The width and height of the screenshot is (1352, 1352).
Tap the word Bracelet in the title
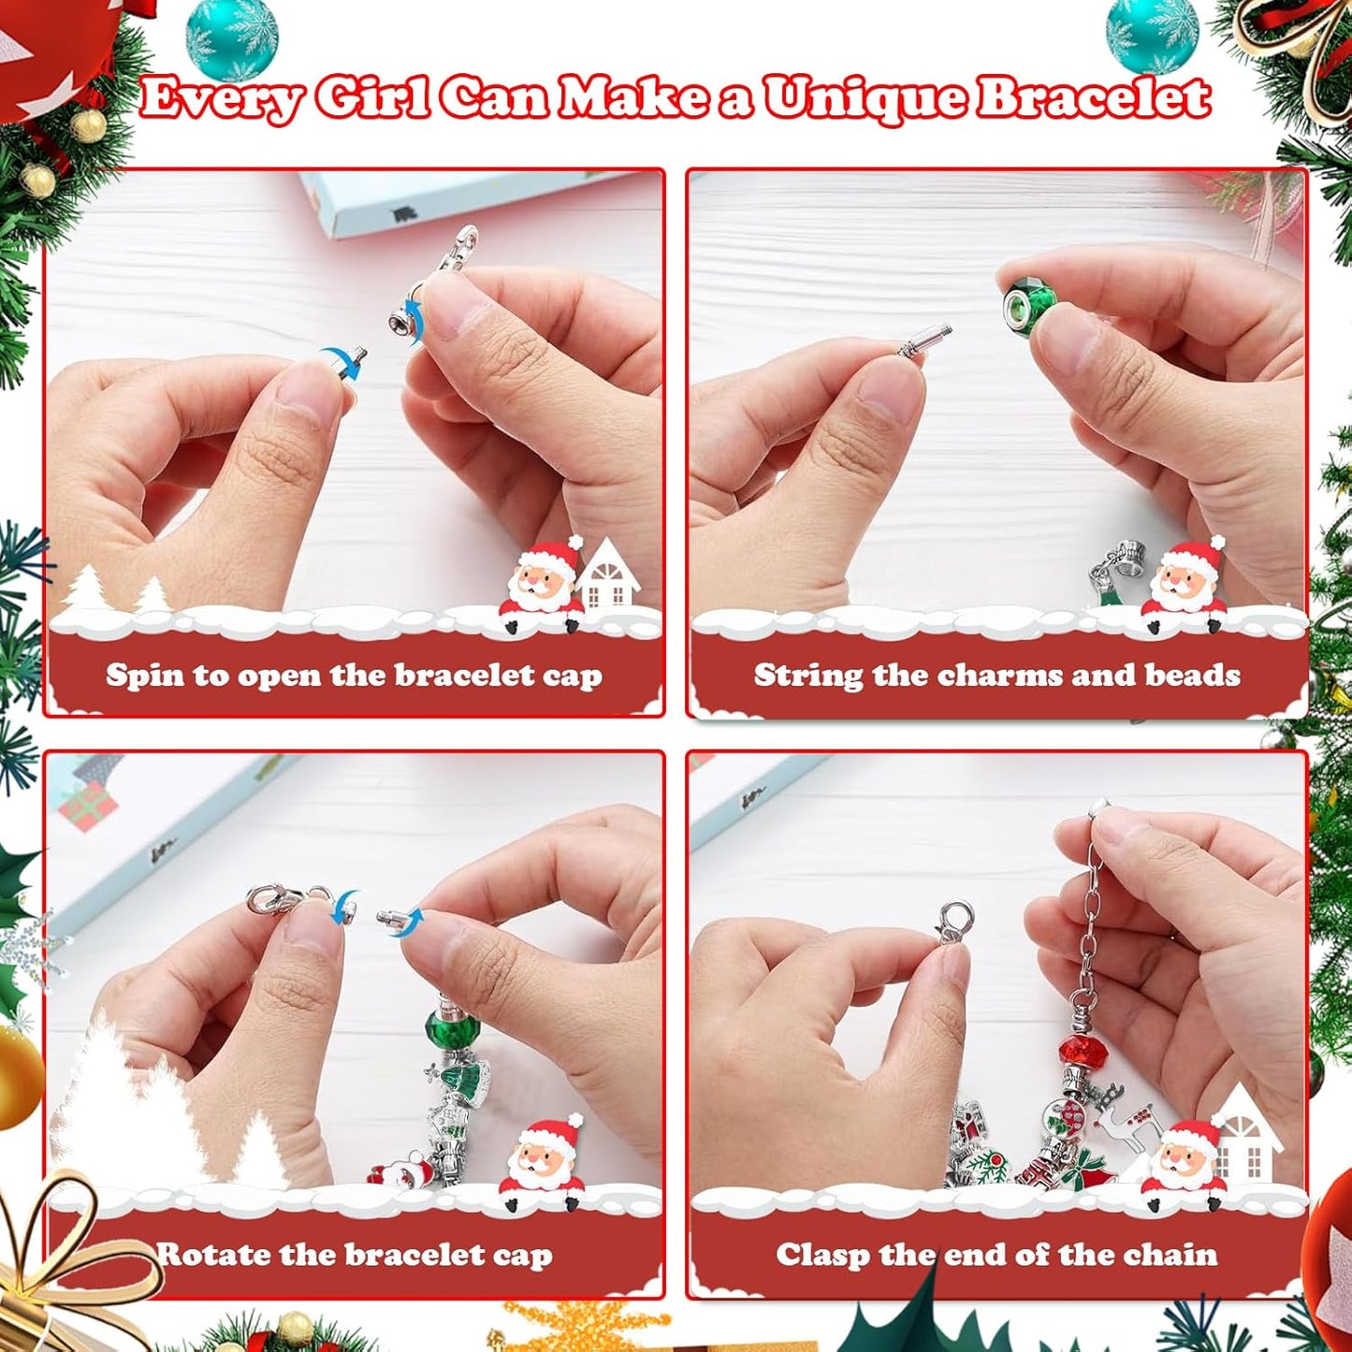[1093, 97]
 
